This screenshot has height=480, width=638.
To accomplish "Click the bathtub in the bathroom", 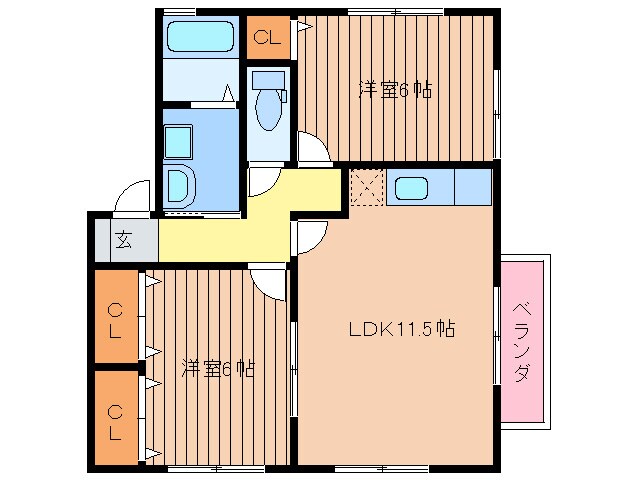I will (200, 38).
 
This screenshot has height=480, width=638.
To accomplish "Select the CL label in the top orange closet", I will (265, 39).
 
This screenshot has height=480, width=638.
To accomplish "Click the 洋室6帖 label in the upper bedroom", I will (396, 90).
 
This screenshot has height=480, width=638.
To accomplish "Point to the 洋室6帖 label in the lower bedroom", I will (217, 368).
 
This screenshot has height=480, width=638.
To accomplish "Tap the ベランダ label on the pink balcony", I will (522, 341).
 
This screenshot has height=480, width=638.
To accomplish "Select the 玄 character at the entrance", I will (123, 240).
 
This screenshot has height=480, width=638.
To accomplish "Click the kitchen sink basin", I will (411, 187).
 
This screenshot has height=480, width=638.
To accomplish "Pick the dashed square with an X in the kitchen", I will (366, 187).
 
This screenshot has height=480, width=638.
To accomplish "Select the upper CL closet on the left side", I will (117, 319).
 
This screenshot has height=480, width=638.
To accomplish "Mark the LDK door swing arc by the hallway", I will (311, 237).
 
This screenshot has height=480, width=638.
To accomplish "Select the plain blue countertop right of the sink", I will (473, 187).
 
